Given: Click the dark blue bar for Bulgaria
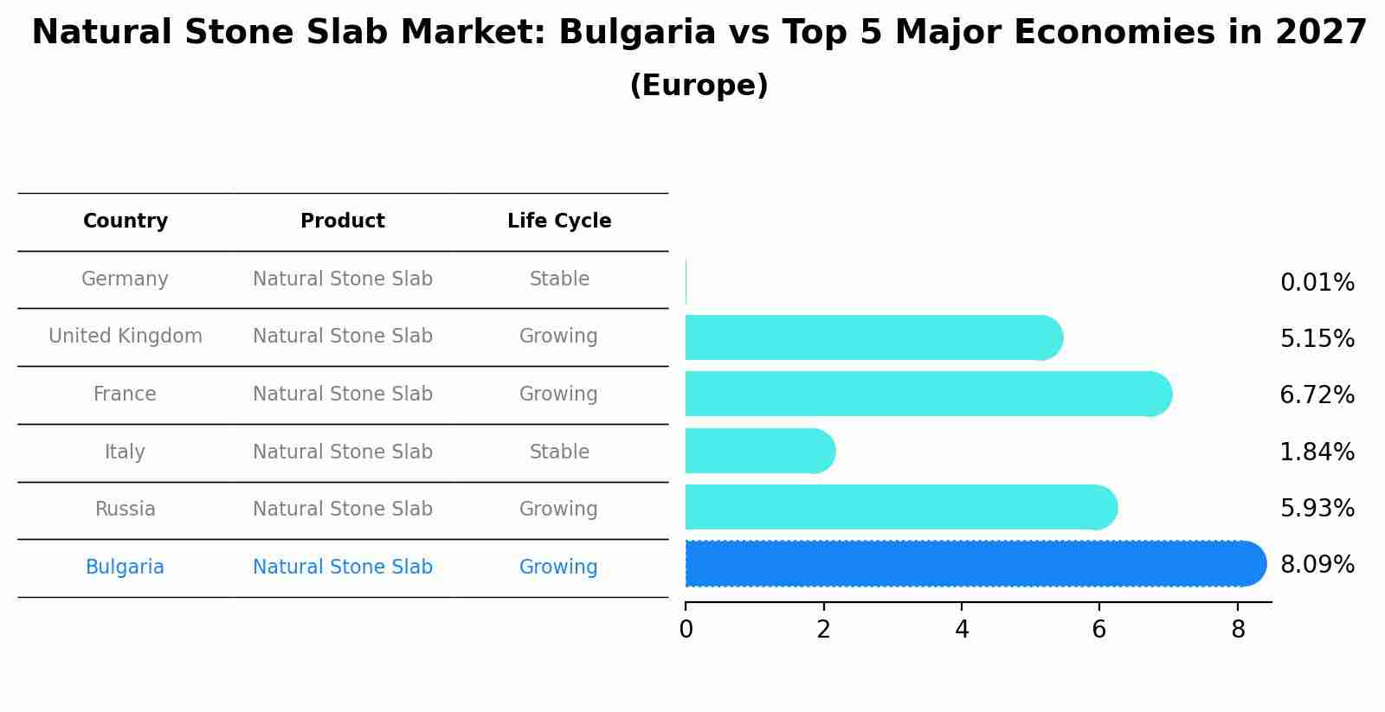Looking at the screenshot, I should [x=974, y=564].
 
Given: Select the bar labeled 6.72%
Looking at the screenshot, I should [x=926, y=394].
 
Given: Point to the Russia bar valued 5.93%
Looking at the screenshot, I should [x=900, y=507].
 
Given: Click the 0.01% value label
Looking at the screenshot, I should [x=1317, y=283].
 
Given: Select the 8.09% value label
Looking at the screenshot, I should [x=1317, y=565].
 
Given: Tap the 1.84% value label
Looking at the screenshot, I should [x=1317, y=452].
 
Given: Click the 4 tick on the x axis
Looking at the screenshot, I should [x=962, y=630].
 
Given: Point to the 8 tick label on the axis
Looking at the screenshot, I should [x=1238, y=630].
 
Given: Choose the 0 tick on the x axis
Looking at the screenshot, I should [x=686, y=630].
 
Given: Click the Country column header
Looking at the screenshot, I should [x=126, y=221].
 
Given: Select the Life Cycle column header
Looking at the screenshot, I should [x=559, y=221].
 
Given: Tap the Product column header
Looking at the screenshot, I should [x=343, y=221].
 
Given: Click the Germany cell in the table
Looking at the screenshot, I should [x=125, y=279].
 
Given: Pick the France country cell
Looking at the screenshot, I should [x=125, y=394].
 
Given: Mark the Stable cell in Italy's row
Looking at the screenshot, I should [x=559, y=452].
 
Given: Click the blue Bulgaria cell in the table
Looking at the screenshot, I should [x=125, y=568].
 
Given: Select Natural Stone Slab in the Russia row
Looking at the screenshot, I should [x=343, y=510].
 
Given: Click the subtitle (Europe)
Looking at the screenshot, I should [x=699, y=86].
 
